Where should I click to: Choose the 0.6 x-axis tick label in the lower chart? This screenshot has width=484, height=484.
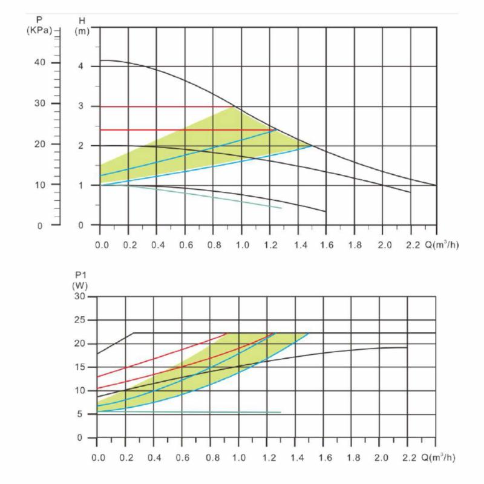[x=182, y=457]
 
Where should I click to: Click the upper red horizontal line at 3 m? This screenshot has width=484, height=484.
[x=163, y=106]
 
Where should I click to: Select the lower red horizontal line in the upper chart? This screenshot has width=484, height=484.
[x=181, y=129]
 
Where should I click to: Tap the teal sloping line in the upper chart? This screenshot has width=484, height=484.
[x=212, y=197]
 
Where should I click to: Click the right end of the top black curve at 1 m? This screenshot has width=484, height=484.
[x=435, y=185]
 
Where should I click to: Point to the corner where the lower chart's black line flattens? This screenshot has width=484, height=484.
[x=134, y=333]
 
